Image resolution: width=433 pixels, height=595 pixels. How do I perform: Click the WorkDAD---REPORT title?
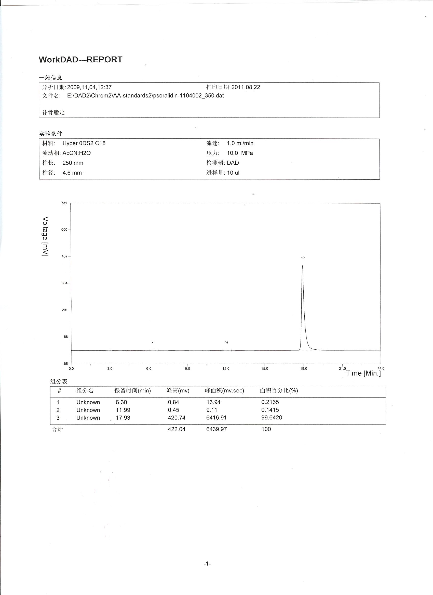tap(80, 60)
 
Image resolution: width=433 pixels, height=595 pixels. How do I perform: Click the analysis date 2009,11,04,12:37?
tap(89, 87)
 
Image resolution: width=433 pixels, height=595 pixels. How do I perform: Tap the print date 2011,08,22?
tap(246, 87)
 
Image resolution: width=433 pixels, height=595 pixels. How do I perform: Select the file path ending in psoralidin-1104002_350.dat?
tap(145, 96)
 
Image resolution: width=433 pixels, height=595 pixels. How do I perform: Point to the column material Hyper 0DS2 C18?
tap(84, 143)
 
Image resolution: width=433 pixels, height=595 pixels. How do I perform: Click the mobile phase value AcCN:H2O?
tap(77, 153)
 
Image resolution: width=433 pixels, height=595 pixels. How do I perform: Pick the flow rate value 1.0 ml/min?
tap(240, 143)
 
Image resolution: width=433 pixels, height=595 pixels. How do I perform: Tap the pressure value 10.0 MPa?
tap(240, 153)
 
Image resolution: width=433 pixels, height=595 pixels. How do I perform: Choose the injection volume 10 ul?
tap(233, 173)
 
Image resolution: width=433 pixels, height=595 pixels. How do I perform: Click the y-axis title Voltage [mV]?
tap(45, 236)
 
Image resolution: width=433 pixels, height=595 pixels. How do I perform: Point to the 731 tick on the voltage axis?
tap(64, 203)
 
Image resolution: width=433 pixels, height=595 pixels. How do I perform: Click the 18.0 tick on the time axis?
tap(304, 369)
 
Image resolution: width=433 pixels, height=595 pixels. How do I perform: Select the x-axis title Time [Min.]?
tap(363, 373)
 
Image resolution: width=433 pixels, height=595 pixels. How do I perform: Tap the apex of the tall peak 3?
tap(302, 266)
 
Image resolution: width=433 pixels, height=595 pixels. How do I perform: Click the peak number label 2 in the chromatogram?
tap(226, 342)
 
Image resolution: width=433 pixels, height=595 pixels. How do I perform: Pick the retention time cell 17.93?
tap(123, 418)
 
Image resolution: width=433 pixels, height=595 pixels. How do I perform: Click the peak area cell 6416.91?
tap(216, 418)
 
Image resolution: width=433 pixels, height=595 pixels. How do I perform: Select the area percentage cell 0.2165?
tap(270, 402)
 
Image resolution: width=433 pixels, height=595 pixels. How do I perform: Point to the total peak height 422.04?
tap(177, 429)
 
